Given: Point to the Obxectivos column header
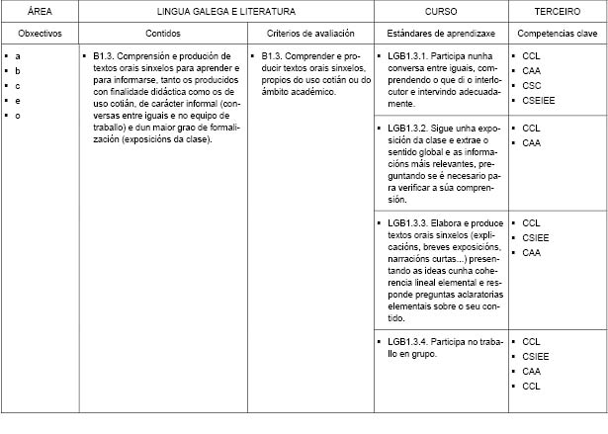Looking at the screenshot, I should point(41,33).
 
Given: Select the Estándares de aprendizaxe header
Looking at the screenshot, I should point(440,33).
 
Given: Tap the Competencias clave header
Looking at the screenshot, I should point(557,33).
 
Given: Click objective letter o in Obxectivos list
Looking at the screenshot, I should point(19,116).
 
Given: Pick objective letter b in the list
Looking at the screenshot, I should point(19,71).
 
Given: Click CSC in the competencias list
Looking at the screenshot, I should point(532,86).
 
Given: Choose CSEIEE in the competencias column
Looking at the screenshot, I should point(539,101).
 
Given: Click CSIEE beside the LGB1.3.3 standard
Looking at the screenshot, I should point(536,237).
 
